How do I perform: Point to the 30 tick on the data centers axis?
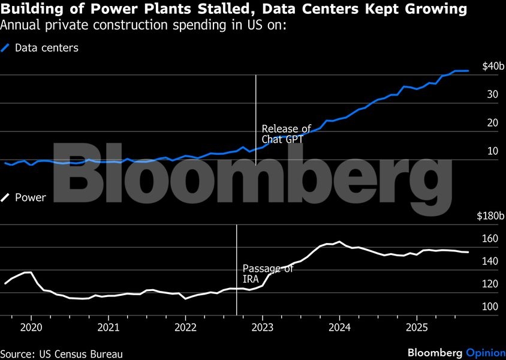click(493, 95)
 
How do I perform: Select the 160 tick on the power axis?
click(490, 239)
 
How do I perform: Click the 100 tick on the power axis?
click(490, 307)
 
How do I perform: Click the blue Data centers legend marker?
click(7, 48)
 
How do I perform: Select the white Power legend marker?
click(7, 197)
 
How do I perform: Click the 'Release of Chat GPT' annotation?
click(286, 134)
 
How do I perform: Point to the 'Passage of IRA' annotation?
click(267, 274)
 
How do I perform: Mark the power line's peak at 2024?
click(339, 242)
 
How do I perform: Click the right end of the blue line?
click(468, 71)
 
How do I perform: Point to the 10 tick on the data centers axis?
click(493, 151)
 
